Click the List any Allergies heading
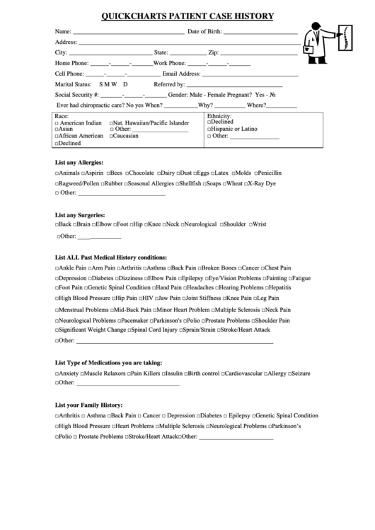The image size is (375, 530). click(x=79, y=162)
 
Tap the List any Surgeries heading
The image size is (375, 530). click(x=80, y=214)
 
